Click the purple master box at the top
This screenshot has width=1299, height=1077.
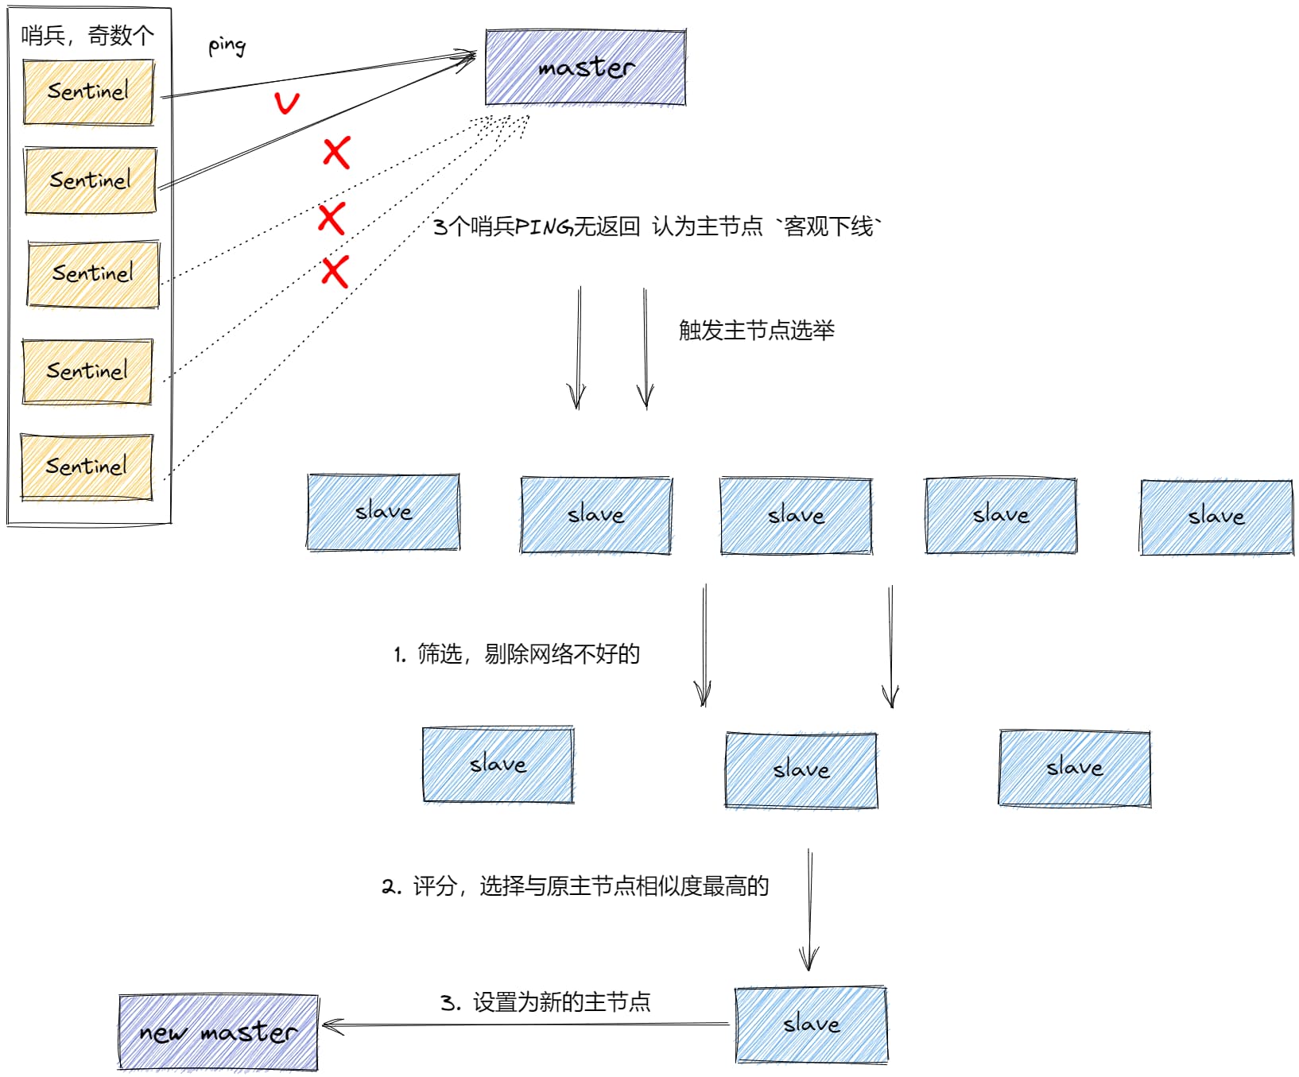[585, 68]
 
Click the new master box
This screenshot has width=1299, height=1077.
[218, 1032]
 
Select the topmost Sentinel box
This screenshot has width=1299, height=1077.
[88, 92]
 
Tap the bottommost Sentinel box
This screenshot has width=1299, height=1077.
[87, 467]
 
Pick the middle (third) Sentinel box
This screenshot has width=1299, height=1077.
[93, 273]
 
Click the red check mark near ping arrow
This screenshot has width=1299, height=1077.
[286, 103]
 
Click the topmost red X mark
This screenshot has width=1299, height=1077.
[336, 152]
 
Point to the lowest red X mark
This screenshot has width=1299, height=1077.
[335, 272]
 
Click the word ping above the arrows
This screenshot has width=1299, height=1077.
[227, 45]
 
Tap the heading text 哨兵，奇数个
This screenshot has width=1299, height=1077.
[87, 36]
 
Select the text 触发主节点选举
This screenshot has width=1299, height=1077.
[756, 331]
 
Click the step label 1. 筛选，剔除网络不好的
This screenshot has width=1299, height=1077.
[517, 654]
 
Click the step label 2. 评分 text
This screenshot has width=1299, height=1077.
[575, 886]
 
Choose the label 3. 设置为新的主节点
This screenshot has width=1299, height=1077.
[545, 1002]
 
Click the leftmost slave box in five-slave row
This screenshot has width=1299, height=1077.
[383, 512]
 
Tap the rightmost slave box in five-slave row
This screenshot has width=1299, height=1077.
[1216, 517]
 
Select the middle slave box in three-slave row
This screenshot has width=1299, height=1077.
[801, 769]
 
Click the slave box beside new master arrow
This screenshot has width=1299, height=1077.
[811, 1024]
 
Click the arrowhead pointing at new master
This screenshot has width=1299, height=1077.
[329, 1026]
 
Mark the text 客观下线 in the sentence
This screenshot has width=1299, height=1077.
[828, 227]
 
